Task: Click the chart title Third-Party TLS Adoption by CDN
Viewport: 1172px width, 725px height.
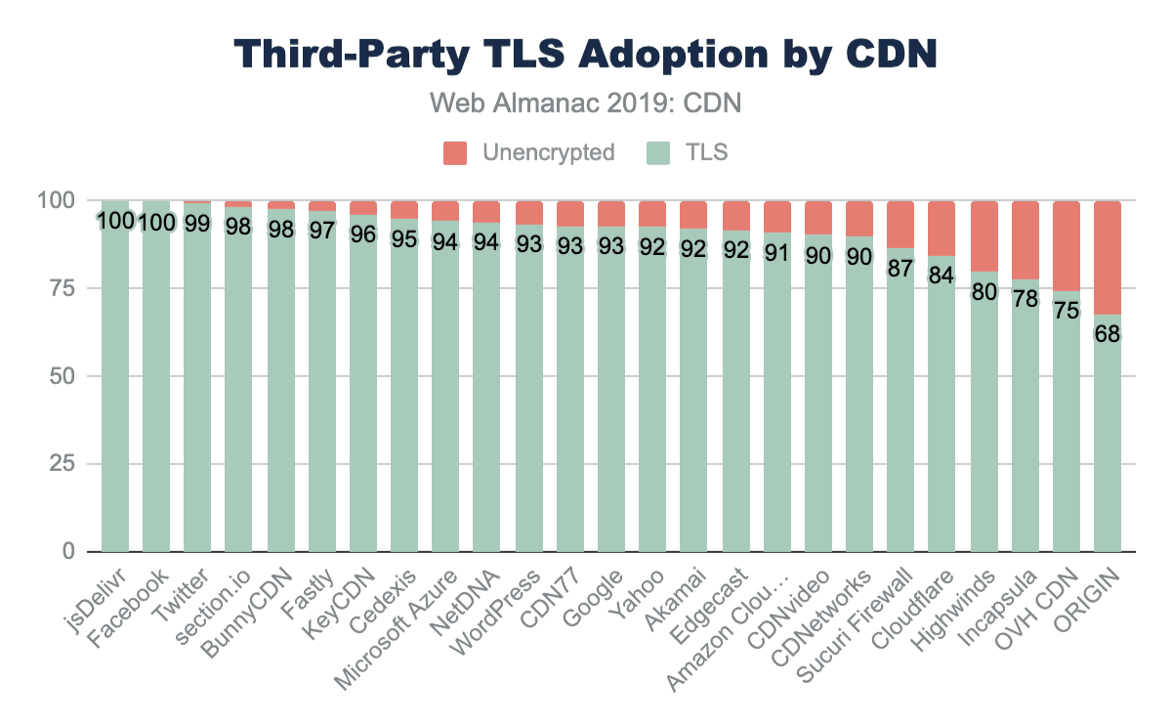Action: pyautogui.click(x=586, y=55)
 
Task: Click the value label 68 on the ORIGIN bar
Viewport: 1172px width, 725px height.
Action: pyautogui.click(x=1108, y=333)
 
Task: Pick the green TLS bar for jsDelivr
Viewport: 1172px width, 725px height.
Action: pyautogui.click(x=115, y=391)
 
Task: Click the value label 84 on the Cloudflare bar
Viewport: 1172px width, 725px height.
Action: pyautogui.click(x=942, y=276)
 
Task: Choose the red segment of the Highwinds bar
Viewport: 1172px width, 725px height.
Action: pyautogui.click(x=984, y=235)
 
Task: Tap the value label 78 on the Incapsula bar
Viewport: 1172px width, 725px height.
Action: pyautogui.click(x=1025, y=297)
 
